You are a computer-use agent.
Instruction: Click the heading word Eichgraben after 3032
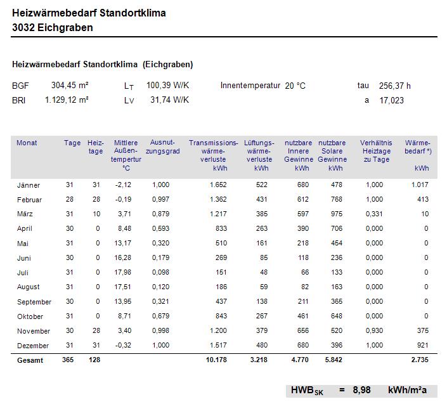(x=65, y=27)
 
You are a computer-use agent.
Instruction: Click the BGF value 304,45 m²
(x=70, y=85)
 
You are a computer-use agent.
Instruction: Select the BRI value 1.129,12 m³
(x=67, y=100)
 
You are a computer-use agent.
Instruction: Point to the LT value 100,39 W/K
(x=168, y=85)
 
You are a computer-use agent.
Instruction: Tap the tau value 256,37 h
(x=394, y=86)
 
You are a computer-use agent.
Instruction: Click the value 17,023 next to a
(x=391, y=100)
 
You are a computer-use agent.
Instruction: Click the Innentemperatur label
(x=250, y=86)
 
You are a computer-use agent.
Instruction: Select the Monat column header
(x=27, y=143)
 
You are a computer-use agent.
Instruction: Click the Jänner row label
(x=29, y=185)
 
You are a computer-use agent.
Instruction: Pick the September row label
(x=34, y=302)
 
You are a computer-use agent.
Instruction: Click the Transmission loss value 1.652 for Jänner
(x=217, y=185)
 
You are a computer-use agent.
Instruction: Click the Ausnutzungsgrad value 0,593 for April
(x=161, y=229)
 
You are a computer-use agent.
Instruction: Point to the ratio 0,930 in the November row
(x=374, y=331)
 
